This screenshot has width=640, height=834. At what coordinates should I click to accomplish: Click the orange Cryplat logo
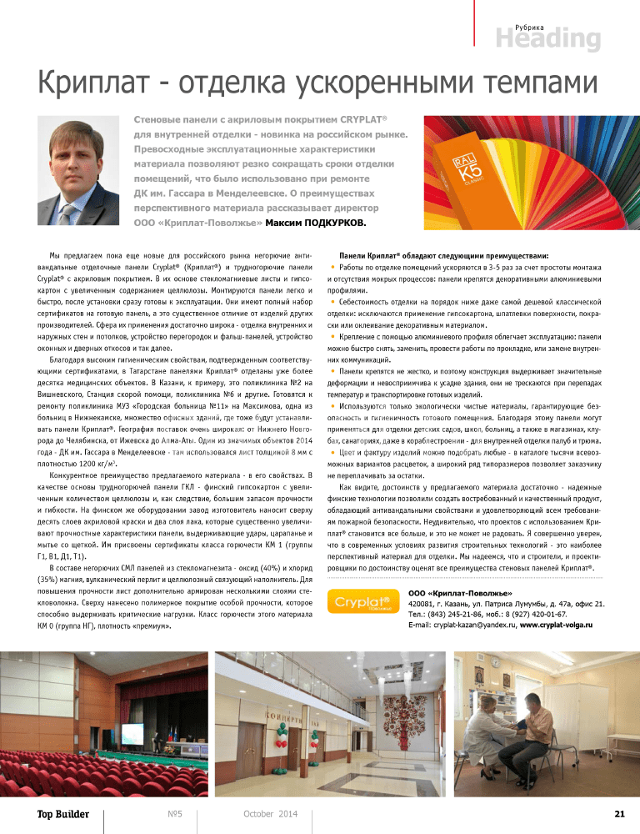pos(363,601)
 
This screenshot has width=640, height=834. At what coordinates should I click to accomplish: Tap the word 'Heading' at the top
pos(547,39)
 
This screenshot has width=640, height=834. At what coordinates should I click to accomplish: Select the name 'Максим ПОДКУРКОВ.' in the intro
pos(317,223)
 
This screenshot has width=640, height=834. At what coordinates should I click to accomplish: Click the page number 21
pos(619,813)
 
